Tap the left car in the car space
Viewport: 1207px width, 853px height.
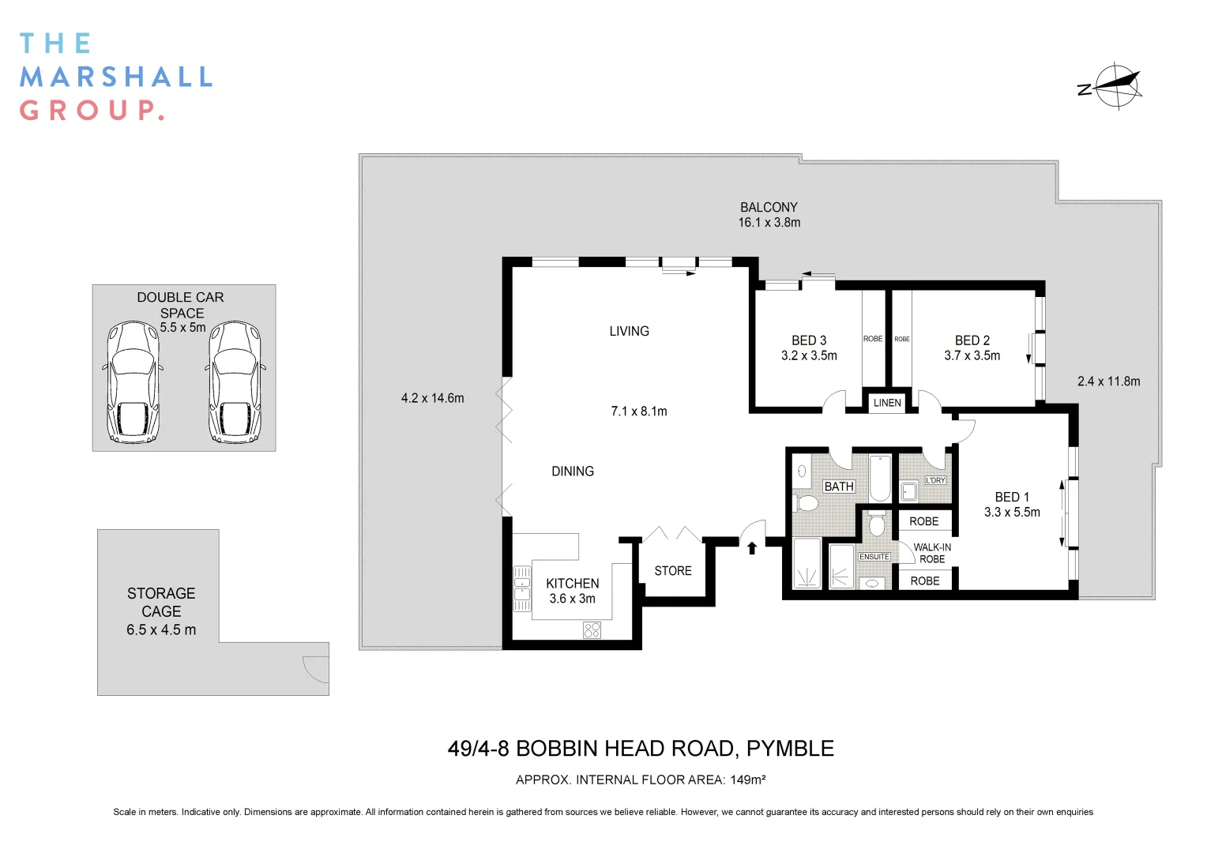pyautogui.click(x=133, y=382)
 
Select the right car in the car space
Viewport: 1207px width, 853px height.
pyautogui.click(x=235, y=382)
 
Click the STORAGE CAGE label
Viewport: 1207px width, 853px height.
pyautogui.click(x=161, y=602)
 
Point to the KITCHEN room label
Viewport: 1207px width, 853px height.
pyautogui.click(x=572, y=584)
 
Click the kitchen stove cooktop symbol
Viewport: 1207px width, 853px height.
pyautogui.click(x=592, y=629)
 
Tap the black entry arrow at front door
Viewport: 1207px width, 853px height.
pyautogui.click(x=752, y=547)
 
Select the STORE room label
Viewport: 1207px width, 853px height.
pyautogui.click(x=672, y=571)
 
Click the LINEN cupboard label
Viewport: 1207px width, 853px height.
pyautogui.click(x=887, y=403)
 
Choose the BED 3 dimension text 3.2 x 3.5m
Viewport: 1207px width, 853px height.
pyautogui.click(x=809, y=356)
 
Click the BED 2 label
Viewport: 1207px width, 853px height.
pyautogui.click(x=972, y=340)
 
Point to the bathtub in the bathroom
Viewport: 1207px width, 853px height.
pyautogui.click(x=880, y=478)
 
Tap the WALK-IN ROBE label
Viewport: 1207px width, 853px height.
pyautogui.click(x=932, y=553)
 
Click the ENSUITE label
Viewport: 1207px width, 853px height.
pyautogui.click(x=874, y=557)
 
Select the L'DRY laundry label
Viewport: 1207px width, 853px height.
pyautogui.click(x=935, y=480)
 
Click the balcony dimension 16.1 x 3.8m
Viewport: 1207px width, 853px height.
pyautogui.click(x=769, y=223)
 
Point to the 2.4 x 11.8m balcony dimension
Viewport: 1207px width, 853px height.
pyautogui.click(x=1108, y=381)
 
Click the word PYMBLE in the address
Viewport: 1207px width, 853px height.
pyautogui.click(x=790, y=749)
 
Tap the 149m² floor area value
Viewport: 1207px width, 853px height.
pyautogui.click(x=747, y=780)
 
